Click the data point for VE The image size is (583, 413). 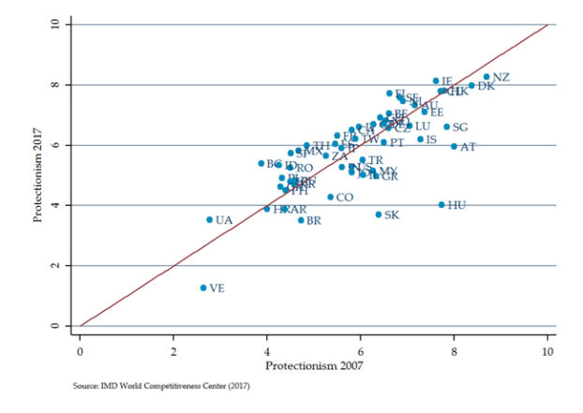pos(202,288)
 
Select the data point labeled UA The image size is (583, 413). pos(209,220)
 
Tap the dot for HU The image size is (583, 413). pos(441,205)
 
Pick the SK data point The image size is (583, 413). pos(379,214)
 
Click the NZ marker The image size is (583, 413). pos(486,77)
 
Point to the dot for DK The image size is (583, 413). pos(471,85)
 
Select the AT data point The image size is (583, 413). pos(454,146)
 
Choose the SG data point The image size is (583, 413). pos(447,126)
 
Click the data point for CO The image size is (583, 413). pos(330,197)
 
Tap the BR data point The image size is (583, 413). pos(301,220)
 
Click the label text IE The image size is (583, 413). pos(447,81)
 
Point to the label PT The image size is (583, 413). pos(397,143)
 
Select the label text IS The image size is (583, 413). pos(431,140)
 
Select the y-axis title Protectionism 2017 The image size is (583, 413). pos(38,175)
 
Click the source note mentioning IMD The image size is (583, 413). pos(162,384)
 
